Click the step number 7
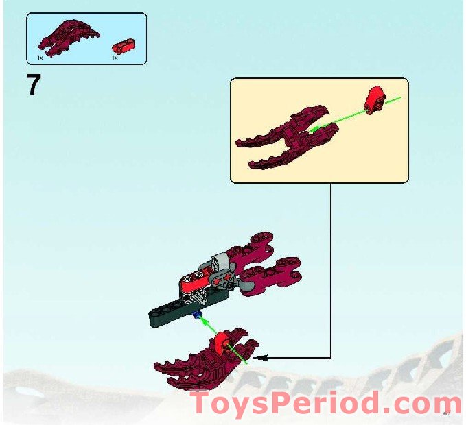coord(34,86)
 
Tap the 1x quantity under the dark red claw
coord(41,58)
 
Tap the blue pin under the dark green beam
coord(198,315)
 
